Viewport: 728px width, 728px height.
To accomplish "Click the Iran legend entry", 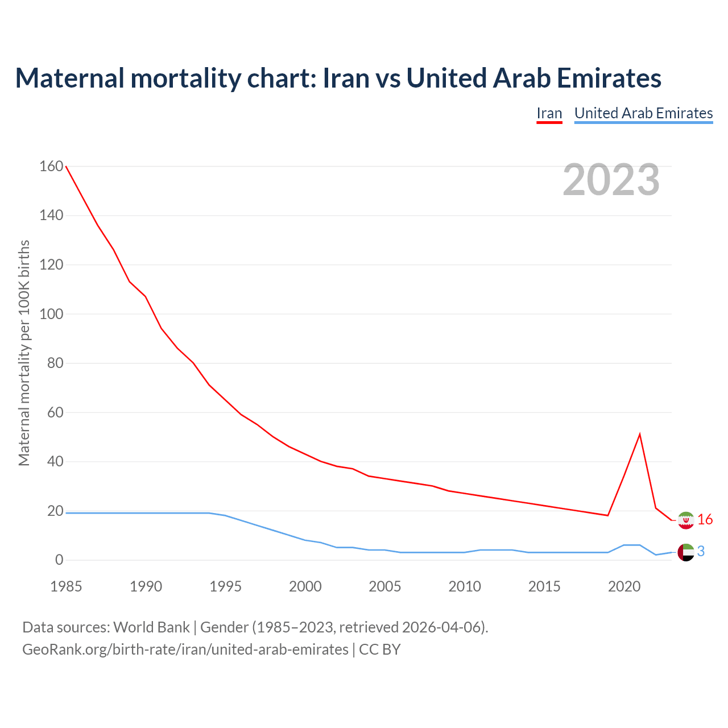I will pos(549,113).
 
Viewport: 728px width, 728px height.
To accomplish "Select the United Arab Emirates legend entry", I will pos(643,113).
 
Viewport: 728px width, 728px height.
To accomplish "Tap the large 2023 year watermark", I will pos(611,180).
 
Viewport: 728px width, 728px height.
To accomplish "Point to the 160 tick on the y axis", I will pos(51,166).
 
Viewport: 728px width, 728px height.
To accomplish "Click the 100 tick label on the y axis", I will pos(51,314).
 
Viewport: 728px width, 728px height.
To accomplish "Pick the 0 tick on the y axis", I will pos(59,560).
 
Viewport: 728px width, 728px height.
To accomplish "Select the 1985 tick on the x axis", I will pos(66,586).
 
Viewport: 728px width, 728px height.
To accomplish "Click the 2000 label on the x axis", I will pos(305,586).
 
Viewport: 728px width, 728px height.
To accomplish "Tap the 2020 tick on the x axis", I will pos(624,586).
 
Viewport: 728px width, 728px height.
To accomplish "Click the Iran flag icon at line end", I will pos(686,520).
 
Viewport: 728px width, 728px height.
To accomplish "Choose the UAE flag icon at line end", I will pos(686,552).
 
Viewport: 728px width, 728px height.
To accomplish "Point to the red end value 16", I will pos(705,520).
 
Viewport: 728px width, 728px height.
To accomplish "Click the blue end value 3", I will pos(701,552).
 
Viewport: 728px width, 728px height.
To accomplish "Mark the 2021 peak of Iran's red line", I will pos(640,435).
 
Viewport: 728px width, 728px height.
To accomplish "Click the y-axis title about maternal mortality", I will pos(24,353).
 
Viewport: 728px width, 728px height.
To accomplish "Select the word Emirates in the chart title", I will pos(609,78).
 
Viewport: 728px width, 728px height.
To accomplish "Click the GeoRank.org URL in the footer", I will pos(185,650).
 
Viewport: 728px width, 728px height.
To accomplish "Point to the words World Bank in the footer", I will pos(151,627).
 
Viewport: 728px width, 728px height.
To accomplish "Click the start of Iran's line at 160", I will pos(67,167).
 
